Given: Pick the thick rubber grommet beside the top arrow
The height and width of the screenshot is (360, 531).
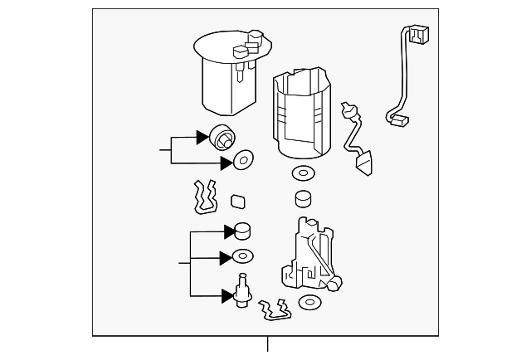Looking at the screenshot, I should [x=222, y=137].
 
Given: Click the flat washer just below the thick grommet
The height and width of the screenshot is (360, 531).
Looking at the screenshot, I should [x=243, y=161].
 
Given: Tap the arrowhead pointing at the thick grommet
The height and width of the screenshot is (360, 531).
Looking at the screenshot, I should [x=202, y=137].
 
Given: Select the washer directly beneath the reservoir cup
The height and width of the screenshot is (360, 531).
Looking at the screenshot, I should [x=302, y=175].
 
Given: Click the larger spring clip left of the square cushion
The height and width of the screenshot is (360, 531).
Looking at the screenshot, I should [x=204, y=196].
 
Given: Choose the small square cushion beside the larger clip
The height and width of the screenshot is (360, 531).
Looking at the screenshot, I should [x=237, y=199].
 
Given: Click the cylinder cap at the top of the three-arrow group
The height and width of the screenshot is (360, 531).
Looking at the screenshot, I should [x=243, y=231].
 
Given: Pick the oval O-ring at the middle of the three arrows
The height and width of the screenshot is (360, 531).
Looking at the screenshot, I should [x=243, y=257].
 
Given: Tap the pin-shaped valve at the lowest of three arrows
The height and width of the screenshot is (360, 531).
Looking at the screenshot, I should [x=243, y=291].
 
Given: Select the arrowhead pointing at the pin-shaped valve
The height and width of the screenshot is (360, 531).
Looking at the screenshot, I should [x=227, y=294].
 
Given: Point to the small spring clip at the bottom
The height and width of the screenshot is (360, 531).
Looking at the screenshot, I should [x=274, y=309].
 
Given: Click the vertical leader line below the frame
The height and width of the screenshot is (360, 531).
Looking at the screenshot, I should [x=268, y=347].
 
